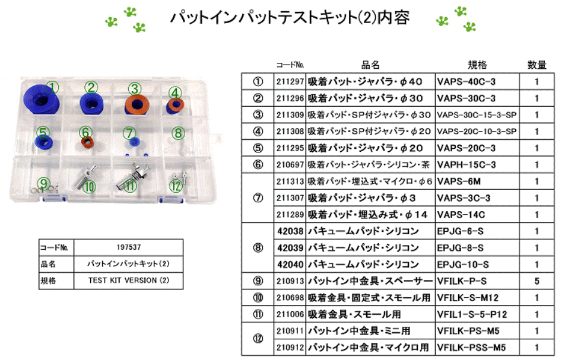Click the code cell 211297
click(x=290, y=81)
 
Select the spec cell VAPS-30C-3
click(x=466, y=98)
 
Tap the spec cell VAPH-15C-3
click(x=466, y=164)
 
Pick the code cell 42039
click(x=290, y=247)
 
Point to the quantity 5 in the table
click(x=537, y=281)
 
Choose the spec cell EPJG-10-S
click(x=462, y=264)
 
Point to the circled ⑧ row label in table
click(x=258, y=247)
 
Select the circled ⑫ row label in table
click(x=258, y=339)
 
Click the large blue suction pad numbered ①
click(x=41, y=100)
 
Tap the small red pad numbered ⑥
click(x=87, y=143)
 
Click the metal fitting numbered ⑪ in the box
click(x=134, y=174)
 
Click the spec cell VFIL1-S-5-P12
click(x=472, y=314)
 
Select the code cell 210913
click(x=290, y=281)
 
